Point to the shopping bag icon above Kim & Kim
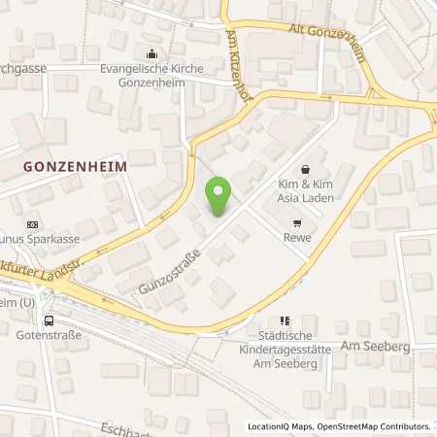click(307, 169)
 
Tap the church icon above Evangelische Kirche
click(150, 54)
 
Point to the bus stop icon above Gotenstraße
click(49, 321)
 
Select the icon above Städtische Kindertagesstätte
click(284, 320)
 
